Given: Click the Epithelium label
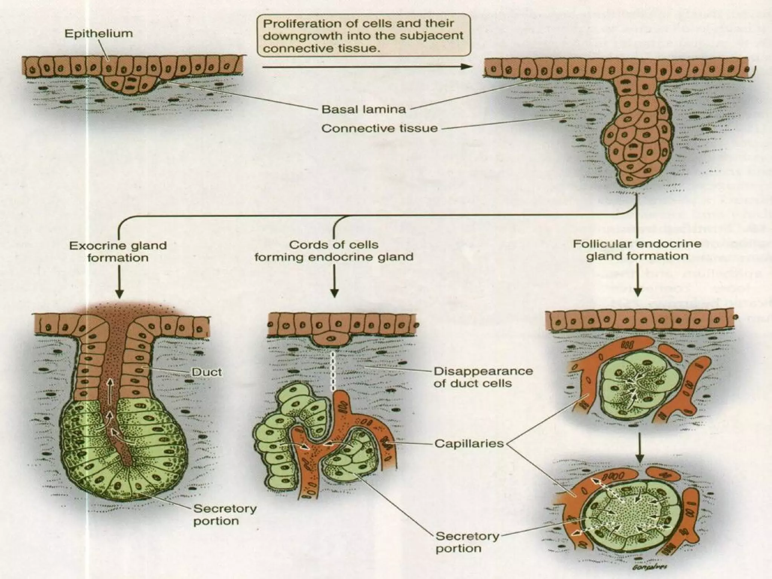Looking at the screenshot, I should (99, 34).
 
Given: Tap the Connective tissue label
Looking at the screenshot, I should (379, 129).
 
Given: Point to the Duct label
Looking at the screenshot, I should (207, 372).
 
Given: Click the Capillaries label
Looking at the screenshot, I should (469, 443).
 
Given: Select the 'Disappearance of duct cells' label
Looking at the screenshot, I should (483, 377).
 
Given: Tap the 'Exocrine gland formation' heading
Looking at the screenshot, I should (118, 252).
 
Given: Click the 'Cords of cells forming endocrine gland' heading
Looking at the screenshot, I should (334, 251).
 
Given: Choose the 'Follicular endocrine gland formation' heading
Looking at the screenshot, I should (637, 250).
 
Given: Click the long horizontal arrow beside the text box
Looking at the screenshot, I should (366, 67).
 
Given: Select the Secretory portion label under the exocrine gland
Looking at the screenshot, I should (225, 515).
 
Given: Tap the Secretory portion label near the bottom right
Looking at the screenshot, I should (467, 542).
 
